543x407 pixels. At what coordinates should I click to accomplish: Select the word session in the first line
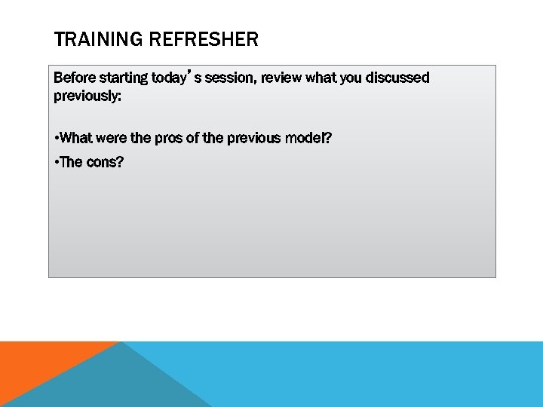tap(230, 78)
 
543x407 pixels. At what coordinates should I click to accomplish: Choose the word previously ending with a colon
tap(87, 96)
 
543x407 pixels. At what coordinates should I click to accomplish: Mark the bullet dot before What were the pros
tap(57, 139)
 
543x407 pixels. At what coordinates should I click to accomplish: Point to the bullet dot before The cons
tap(57, 163)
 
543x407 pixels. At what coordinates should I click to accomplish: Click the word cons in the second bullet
tap(106, 163)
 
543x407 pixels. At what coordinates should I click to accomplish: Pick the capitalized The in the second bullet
tap(72, 163)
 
